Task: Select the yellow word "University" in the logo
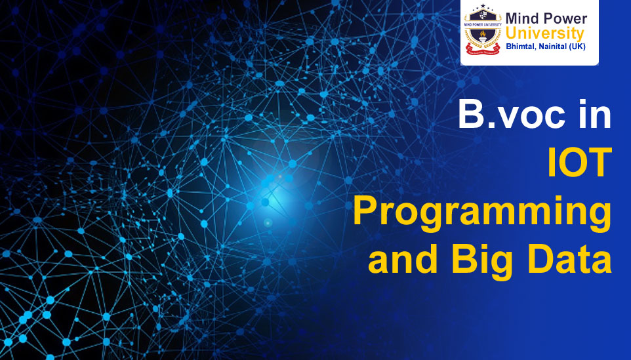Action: [544, 33]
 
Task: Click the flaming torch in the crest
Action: [483, 42]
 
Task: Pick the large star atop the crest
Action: [483, 9]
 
